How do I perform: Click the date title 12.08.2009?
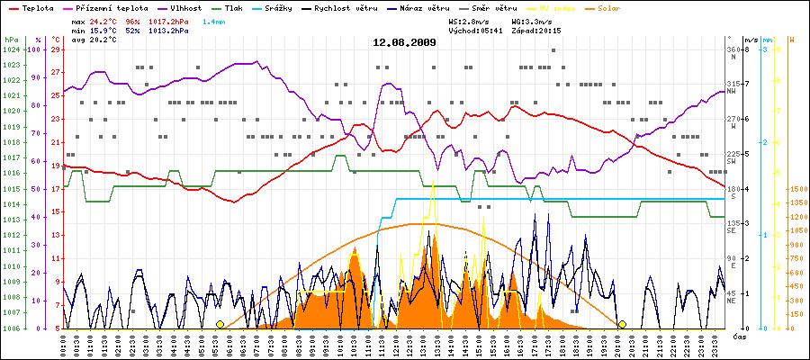pyautogui.click(x=405, y=42)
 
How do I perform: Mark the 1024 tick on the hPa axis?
pyautogui.click(x=11, y=49)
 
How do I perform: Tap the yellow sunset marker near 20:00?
pyautogui.click(x=622, y=324)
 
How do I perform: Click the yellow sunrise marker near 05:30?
pyautogui.click(x=220, y=324)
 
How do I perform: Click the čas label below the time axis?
pyautogui.click(x=738, y=337)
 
